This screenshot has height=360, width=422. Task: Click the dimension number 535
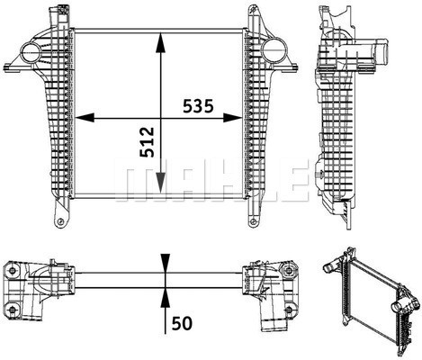point(198,106)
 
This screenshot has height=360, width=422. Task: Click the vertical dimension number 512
point(147,142)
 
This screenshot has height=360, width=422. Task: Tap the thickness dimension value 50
point(182,324)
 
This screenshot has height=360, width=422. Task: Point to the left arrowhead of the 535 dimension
point(85,118)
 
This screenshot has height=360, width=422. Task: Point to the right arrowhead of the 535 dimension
point(232,118)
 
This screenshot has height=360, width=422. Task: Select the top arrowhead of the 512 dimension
point(161,43)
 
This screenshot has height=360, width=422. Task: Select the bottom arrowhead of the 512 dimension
point(161,183)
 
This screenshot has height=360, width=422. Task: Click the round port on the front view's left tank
point(31,52)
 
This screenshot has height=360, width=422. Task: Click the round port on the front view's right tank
point(274,50)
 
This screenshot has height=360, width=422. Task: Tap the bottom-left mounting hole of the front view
point(60,222)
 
